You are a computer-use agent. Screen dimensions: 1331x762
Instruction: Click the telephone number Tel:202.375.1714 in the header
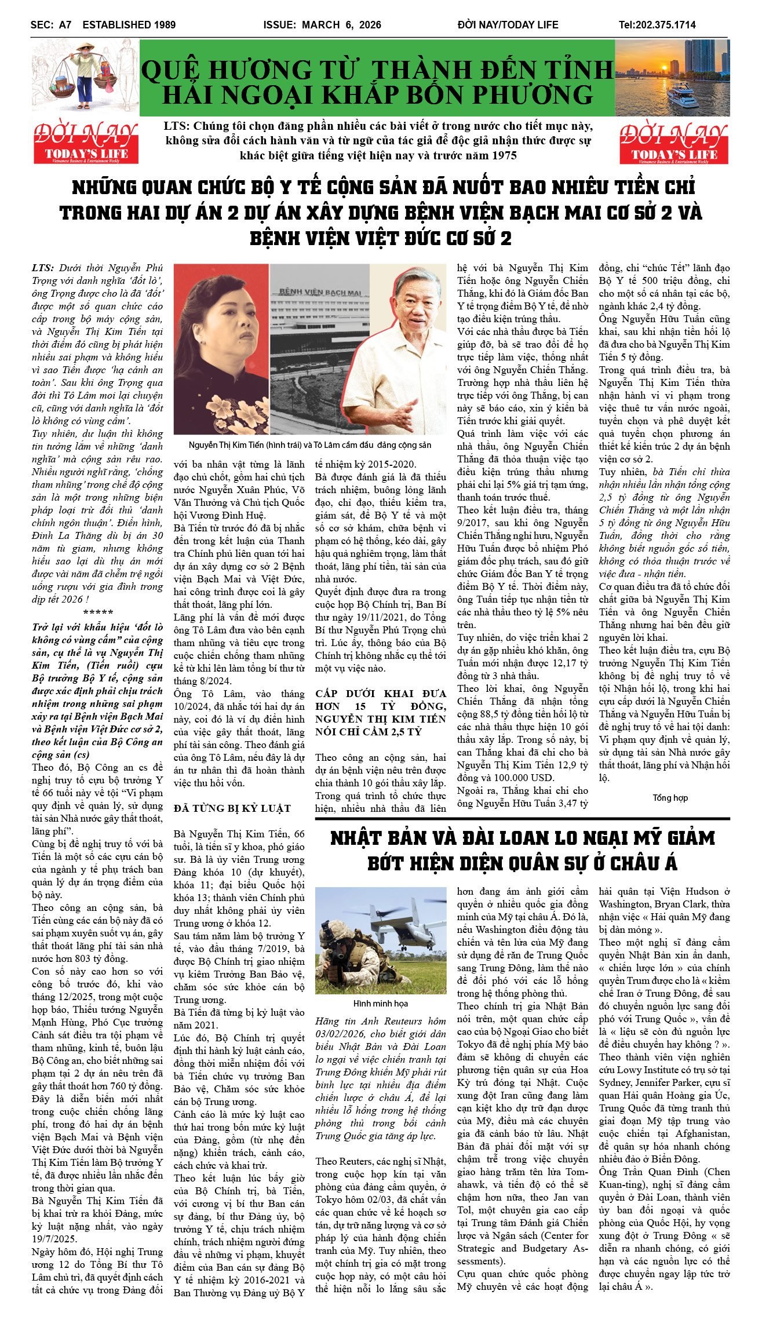pyautogui.click(x=657, y=25)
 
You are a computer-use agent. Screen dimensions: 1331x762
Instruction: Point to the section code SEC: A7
pyautogui.click(x=51, y=25)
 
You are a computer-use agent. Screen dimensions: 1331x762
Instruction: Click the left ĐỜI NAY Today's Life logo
pyautogui.click(x=86, y=142)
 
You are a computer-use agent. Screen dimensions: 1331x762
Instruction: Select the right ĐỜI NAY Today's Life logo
pyautogui.click(x=674, y=142)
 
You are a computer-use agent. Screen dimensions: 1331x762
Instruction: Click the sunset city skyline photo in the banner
pyautogui.click(x=672, y=78)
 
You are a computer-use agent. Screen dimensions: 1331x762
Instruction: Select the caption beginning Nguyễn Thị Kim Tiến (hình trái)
pyautogui.click(x=310, y=445)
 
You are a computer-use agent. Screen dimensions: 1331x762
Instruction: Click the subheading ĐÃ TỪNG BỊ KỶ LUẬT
pyautogui.click(x=232, y=808)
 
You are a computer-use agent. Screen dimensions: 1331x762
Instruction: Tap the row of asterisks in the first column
pyautogui.click(x=98, y=613)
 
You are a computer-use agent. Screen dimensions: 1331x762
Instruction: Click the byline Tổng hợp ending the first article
pyautogui.click(x=670, y=798)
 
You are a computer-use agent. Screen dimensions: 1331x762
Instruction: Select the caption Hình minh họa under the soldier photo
pyautogui.click(x=380, y=1003)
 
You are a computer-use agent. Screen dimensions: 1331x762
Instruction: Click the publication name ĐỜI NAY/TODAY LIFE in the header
pyautogui.click(x=508, y=25)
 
